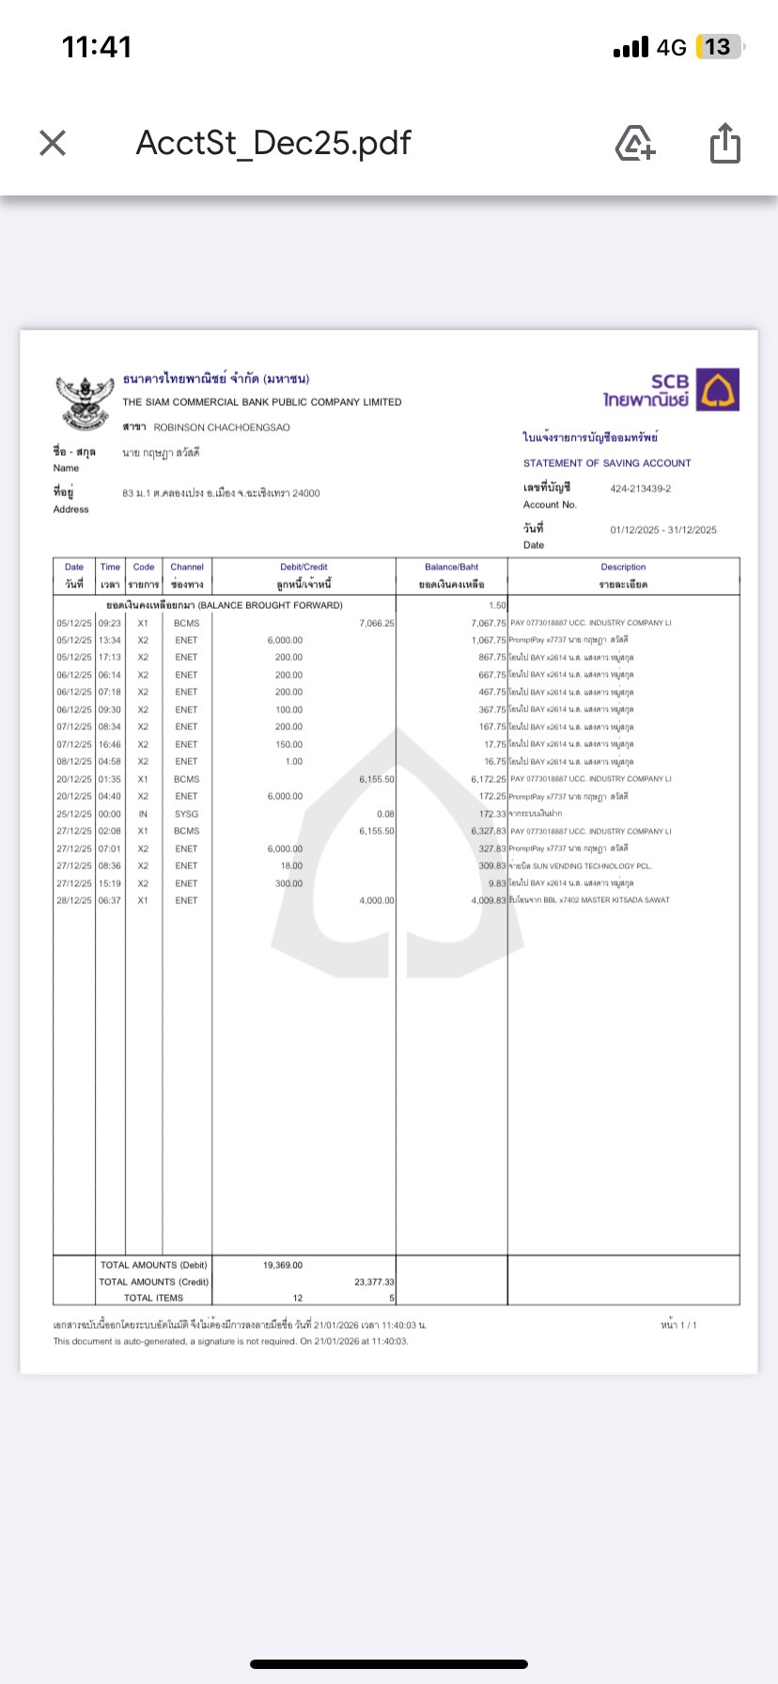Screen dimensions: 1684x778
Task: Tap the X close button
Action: (53, 143)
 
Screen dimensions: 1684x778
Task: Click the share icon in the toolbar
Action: (724, 143)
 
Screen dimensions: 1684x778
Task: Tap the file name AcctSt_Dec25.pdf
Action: (273, 143)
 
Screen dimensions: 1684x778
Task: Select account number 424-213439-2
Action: (640, 489)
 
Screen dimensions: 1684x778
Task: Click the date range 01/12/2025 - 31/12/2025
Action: (662, 530)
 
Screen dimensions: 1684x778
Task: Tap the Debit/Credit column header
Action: (303, 568)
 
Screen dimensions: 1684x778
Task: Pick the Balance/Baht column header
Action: (451, 568)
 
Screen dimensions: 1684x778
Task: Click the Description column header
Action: (623, 568)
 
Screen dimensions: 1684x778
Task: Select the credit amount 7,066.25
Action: (377, 623)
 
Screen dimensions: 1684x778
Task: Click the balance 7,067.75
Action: (489, 623)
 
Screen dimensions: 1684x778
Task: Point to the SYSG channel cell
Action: (186, 814)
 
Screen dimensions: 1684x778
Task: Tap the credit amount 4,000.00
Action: (377, 900)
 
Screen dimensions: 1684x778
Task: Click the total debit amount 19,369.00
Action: (283, 1265)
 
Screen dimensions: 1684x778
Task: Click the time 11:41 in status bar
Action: (97, 47)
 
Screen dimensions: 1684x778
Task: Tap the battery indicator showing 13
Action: (718, 47)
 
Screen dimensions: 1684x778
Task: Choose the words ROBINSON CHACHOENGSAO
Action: (222, 428)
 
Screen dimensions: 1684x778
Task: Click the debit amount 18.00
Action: (291, 865)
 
